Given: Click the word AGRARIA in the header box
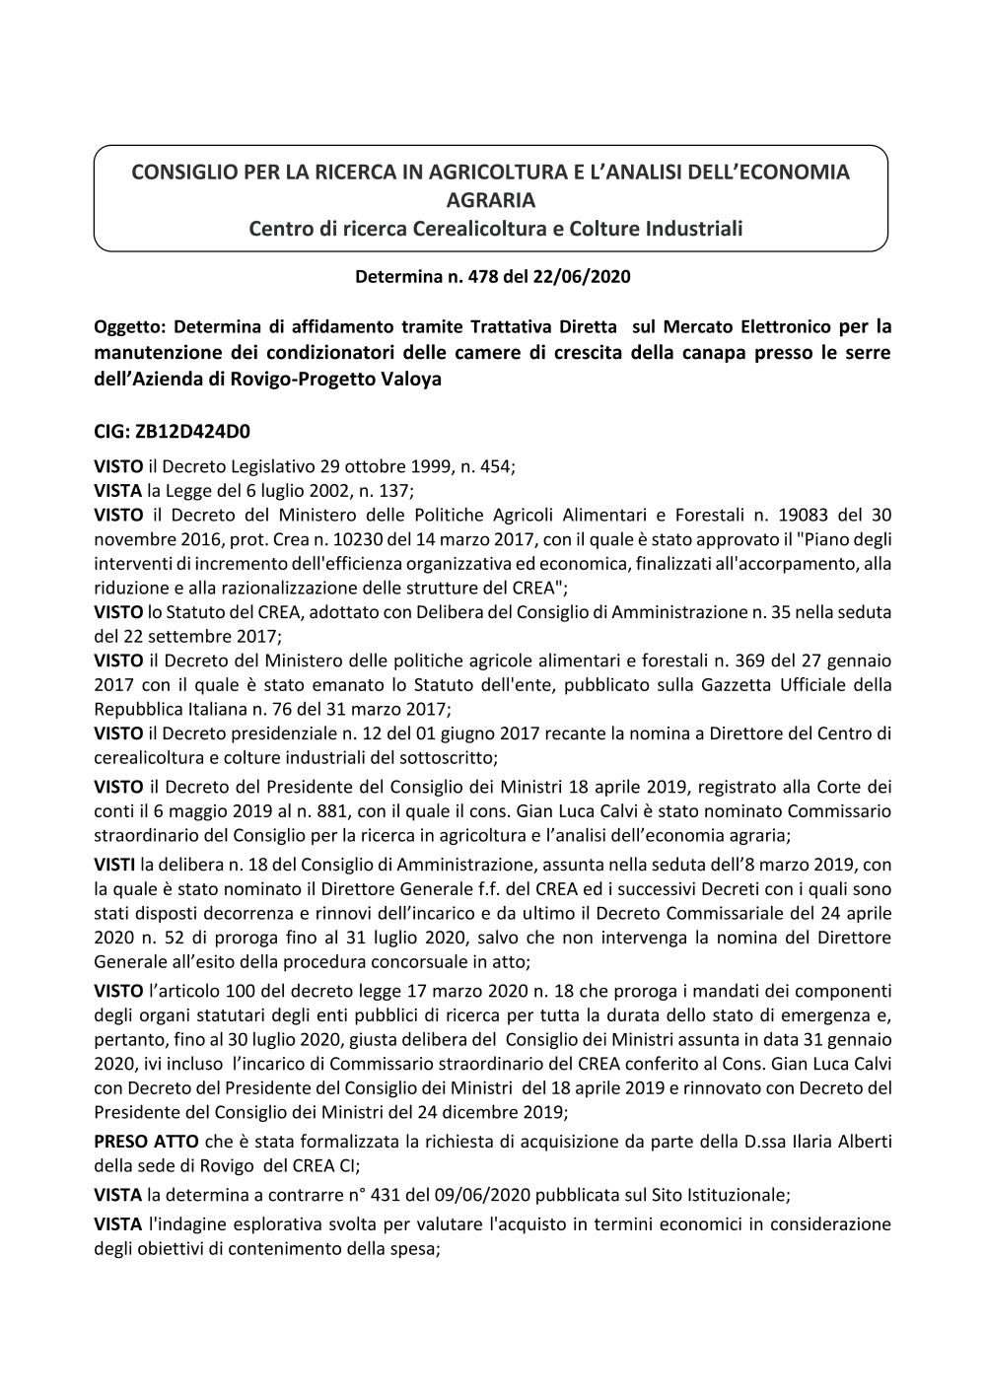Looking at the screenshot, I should pos(491,200).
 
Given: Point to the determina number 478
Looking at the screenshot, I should pos(463,277).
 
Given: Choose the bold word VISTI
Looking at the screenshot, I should pos(115,865).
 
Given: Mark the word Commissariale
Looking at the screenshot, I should pos(729,912).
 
